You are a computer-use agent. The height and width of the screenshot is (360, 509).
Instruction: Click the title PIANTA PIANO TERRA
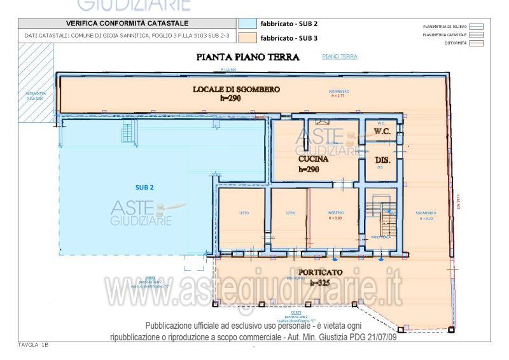point(248,58)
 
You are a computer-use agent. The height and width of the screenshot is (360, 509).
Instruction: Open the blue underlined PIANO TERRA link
point(340,57)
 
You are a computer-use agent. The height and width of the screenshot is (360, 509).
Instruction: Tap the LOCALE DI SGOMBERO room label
point(236,90)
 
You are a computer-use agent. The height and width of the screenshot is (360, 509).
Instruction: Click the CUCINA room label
point(313,160)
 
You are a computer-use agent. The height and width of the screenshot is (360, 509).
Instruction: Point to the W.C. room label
point(382,131)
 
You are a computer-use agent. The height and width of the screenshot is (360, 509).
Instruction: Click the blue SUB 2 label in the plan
point(144,187)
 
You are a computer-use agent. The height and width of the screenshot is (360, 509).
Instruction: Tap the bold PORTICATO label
point(319,273)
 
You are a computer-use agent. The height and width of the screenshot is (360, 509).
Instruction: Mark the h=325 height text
point(319,282)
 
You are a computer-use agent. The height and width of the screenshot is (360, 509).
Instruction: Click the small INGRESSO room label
point(336,212)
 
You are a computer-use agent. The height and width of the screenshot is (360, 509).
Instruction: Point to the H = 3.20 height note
point(425,218)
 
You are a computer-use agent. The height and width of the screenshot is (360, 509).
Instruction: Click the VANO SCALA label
point(380,237)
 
